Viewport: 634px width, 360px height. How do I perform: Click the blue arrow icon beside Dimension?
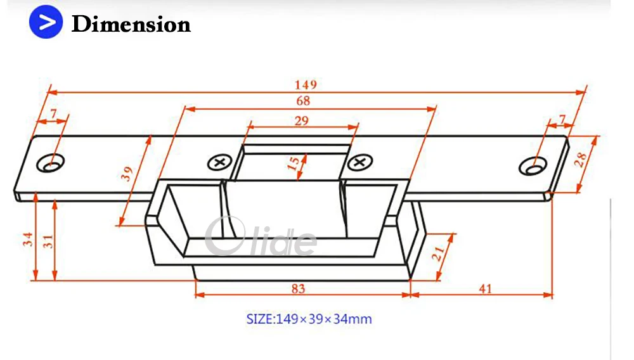pyautogui.click(x=46, y=23)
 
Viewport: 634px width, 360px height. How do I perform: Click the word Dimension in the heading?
pyautogui.click(x=131, y=25)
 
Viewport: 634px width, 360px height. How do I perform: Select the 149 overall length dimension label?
pyautogui.click(x=305, y=84)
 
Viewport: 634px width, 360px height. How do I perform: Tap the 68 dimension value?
pyautogui.click(x=303, y=101)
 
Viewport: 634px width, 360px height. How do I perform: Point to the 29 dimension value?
pyautogui.click(x=302, y=120)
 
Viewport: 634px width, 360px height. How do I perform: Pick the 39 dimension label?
pyautogui.click(x=127, y=174)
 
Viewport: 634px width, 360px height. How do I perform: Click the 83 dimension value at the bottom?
pyautogui.click(x=298, y=288)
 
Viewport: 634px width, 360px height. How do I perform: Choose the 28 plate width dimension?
pyautogui.click(x=581, y=162)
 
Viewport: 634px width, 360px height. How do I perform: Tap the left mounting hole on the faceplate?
pyautogui.click(x=50, y=164)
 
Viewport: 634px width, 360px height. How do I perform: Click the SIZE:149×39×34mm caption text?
pyautogui.click(x=309, y=319)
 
